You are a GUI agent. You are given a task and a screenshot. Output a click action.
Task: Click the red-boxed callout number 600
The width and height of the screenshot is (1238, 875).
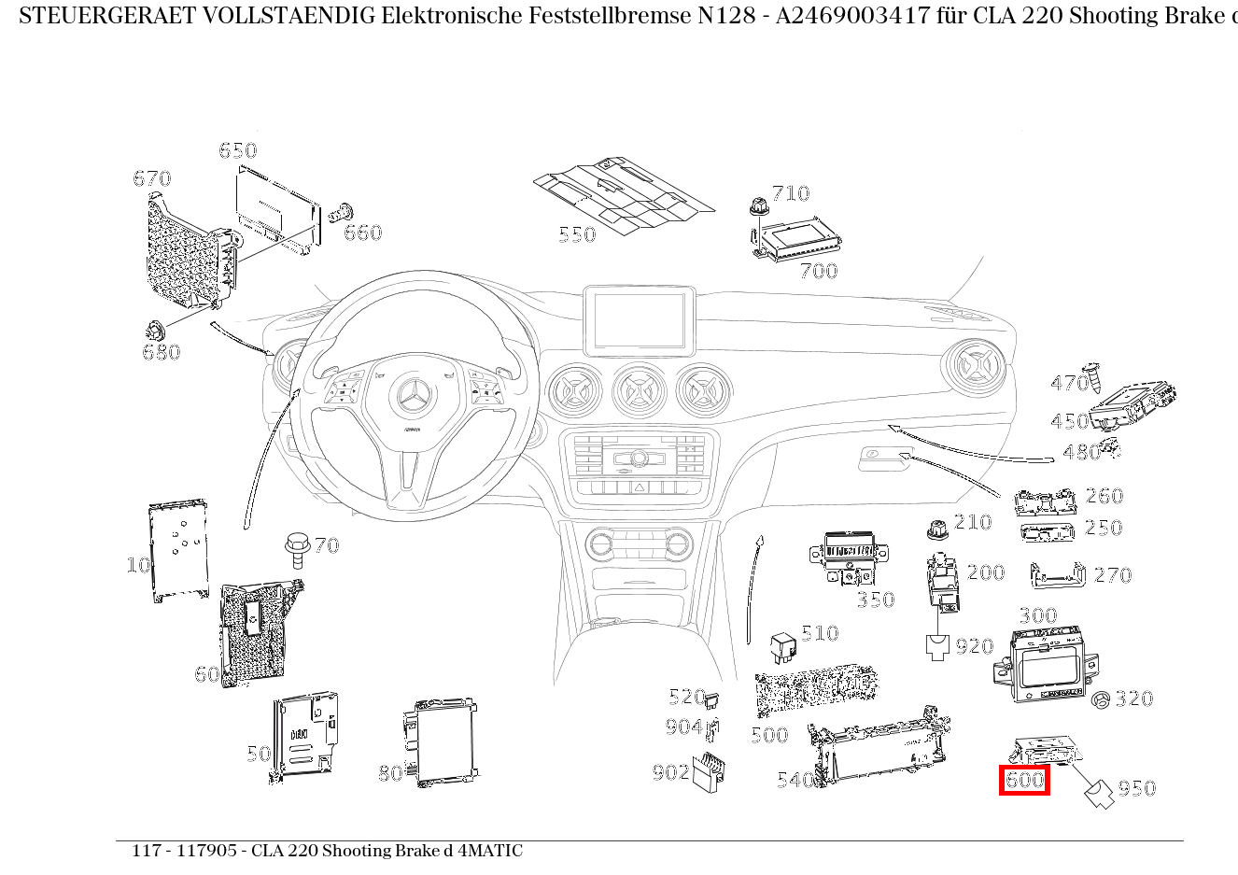[1024, 780]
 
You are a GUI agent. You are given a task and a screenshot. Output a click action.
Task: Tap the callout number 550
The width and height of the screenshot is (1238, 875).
[577, 234]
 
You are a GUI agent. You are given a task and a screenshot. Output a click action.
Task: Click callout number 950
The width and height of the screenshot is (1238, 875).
[1136, 789]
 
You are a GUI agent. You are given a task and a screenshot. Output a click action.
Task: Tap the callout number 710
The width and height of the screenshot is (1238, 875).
[790, 193]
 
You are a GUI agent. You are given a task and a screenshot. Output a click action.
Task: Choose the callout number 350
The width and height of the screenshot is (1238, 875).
[876, 600]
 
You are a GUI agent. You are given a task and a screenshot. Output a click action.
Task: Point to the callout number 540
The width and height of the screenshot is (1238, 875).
[795, 780]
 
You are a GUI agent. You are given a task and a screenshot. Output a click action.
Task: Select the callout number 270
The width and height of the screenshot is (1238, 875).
[1112, 575]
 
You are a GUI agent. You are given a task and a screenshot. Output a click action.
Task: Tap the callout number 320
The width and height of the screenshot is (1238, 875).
[1134, 699]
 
